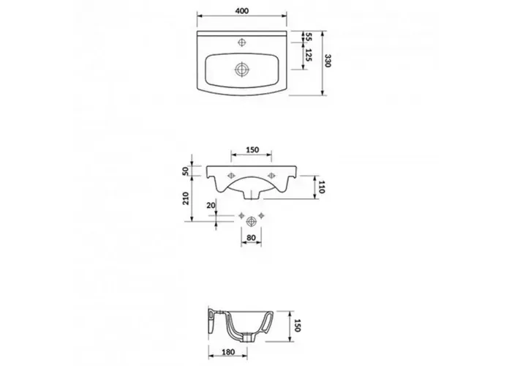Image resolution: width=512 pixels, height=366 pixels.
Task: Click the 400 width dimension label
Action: click(241, 11)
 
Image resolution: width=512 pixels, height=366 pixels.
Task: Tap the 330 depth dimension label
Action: click(328, 61)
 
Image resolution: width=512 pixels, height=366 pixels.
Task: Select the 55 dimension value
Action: click(308, 37)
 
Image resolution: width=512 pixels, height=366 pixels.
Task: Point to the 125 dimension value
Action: click(308, 55)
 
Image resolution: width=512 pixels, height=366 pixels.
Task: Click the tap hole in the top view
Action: click(241, 42)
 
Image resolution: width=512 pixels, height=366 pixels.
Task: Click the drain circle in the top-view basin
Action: click(242, 70)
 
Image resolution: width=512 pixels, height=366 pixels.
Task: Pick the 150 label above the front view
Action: click(252, 149)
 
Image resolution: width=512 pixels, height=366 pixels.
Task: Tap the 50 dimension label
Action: click(186, 171)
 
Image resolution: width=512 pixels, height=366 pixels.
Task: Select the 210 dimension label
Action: click(186, 198)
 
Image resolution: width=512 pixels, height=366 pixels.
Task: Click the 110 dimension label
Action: click(322, 187)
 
